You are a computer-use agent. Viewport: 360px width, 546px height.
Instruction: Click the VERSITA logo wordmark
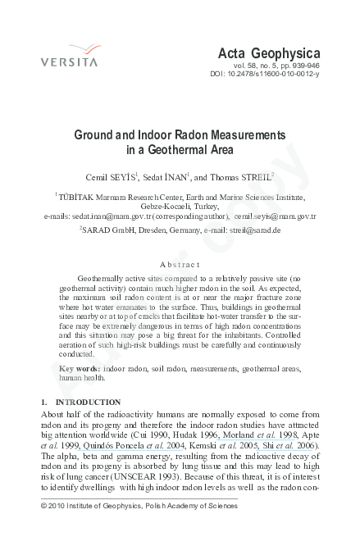click(x=69, y=61)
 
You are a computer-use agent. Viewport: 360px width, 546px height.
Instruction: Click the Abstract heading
click(x=180, y=265)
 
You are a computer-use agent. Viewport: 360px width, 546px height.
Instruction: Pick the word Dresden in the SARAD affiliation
click(x=153, y=231)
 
